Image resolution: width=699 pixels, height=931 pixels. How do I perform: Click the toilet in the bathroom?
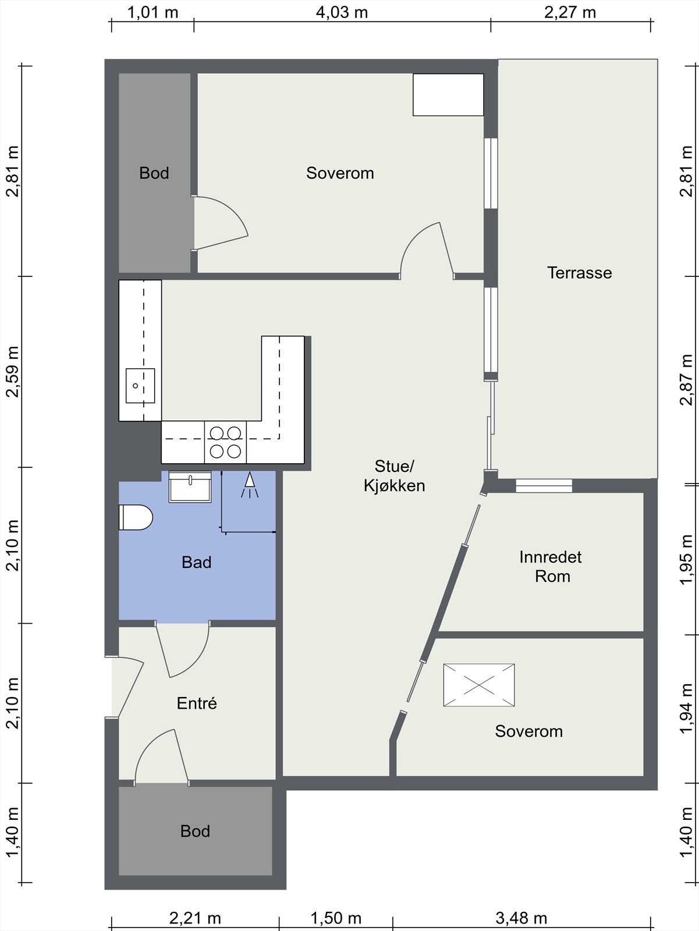click(136, 517)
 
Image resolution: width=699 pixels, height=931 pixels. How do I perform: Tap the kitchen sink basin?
click(140, 386)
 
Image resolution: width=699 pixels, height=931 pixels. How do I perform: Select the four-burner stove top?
click(225, 442)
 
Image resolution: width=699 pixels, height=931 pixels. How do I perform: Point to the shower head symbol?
click(250, 485)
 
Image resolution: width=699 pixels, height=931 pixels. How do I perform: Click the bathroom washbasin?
click(190, 487)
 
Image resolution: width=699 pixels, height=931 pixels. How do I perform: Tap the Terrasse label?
click(579, 273)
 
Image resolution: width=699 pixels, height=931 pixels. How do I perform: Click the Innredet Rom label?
click(551, 566)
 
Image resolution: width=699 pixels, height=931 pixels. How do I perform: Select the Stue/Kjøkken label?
click(395, 476)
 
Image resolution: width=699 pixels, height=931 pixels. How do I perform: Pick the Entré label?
click(197, 703)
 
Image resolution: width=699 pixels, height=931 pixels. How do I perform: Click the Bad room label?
click(196, 562)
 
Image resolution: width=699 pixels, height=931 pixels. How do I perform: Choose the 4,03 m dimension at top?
click(342, 12)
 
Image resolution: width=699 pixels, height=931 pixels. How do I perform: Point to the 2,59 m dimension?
click(12, 372)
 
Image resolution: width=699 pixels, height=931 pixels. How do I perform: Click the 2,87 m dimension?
click(686, 379)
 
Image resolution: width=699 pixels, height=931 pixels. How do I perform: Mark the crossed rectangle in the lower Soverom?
click(479, 685)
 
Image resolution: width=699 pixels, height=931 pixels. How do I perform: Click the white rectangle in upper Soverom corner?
click(448, 95)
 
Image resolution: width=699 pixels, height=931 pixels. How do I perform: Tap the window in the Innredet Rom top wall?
click(544, 486)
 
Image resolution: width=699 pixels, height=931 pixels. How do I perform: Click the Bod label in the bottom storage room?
click(195, 831)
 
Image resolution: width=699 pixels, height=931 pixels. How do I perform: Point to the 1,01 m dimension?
click(152, 12)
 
